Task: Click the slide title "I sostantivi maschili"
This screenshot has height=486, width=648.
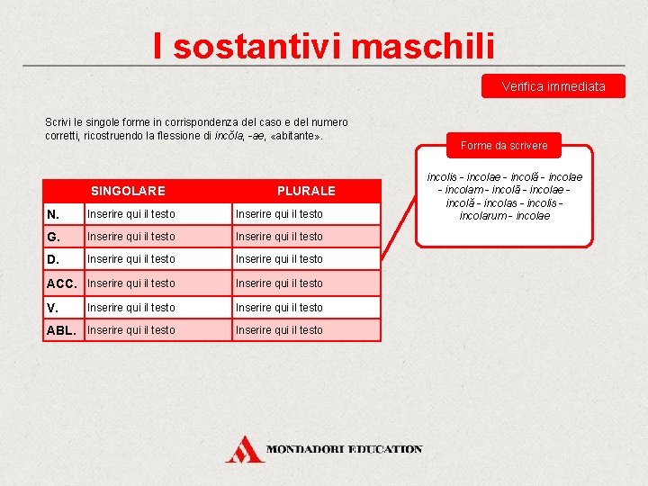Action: coord(323,45)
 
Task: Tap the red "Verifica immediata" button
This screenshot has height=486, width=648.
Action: coord(553,86)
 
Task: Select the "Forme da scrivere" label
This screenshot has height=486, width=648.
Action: coord(503,145)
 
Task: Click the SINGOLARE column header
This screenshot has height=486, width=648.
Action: coord(128,191)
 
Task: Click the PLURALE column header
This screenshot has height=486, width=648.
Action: coord(306,191)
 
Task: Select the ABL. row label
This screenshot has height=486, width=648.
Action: coord(61,330)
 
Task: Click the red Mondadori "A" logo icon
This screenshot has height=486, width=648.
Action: coord(242,448)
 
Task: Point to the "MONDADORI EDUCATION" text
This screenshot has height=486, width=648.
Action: coord(344,448)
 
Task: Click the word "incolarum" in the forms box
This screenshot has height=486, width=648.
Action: coord(481,216)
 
